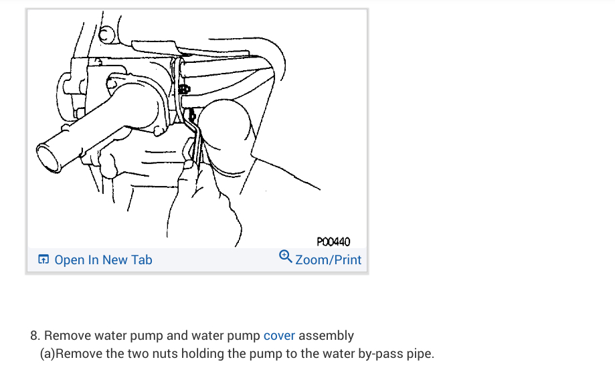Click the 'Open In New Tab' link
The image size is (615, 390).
pos(103,260)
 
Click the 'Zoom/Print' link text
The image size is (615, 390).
pos(328,260)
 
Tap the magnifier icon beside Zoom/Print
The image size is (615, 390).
pos(285,257)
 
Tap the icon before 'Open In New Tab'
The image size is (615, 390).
pos(43,260)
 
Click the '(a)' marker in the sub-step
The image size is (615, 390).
pos(47,353)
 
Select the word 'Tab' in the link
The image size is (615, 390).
pos(142,260)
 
